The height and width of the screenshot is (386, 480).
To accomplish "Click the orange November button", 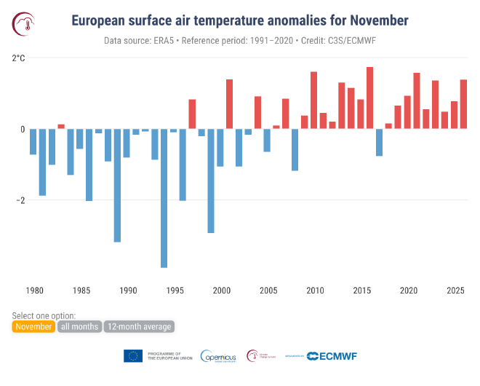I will point(33,327).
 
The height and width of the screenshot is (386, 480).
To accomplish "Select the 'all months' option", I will point(80,327).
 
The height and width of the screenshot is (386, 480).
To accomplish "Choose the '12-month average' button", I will point(139,327).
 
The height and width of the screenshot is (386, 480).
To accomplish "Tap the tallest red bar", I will point(369,98).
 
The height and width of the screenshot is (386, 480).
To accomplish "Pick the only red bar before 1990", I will point(61,127).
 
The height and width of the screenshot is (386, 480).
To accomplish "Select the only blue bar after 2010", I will point(379,143).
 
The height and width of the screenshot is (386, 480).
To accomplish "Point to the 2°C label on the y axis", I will point(19,58).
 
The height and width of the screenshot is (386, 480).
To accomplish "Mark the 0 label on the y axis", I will point(23,130).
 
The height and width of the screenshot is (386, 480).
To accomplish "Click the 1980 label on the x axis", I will point(33,291).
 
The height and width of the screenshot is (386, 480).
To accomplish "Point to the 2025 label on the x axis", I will point(455,291).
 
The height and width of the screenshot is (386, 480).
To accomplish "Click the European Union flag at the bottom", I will point(133,356).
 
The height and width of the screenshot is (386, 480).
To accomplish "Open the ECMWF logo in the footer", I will point(332,356).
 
